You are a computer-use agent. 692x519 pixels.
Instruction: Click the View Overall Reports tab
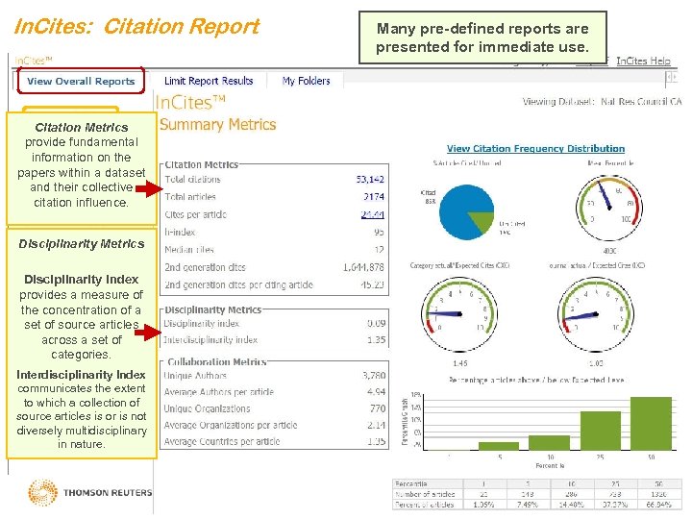click(x=81, y=82)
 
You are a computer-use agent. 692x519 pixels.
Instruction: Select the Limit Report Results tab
click(x=209, y=82)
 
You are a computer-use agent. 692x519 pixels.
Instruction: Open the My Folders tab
click(x=307, y=82)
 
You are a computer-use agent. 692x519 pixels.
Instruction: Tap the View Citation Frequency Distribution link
click(x=535, y=149)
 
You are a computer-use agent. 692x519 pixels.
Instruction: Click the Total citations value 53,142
click(x=370, y=180)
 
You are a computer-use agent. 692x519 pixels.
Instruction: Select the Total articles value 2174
click(x=373, y=197)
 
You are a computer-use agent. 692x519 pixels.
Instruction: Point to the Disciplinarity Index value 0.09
click(x=376, y=324)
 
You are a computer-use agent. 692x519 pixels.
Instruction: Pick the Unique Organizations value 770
click(x=376, y=408)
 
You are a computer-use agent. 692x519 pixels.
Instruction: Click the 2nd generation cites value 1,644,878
click(x=363, y=267)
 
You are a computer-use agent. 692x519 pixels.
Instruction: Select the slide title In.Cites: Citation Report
click(x=136, y=27)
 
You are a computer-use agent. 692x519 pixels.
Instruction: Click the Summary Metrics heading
click(x=217, y=125)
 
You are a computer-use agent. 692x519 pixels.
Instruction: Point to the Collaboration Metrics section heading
click(x=216, y=362)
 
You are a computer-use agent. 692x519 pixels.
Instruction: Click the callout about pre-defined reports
click(x=482, y=37)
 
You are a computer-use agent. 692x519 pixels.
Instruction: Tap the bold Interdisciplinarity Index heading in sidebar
click(x=82, y=375)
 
